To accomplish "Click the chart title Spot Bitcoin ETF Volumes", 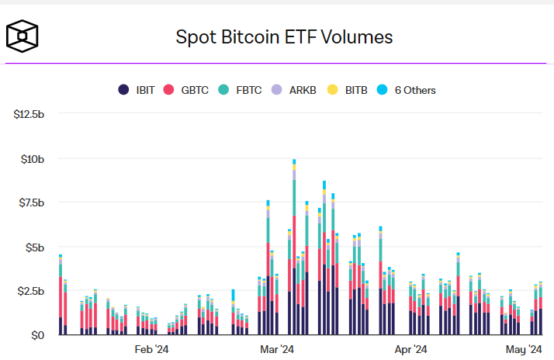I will [x=285, y=36].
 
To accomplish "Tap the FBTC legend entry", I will [x=243, y=90].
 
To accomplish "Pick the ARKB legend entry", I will [x=298, y=90].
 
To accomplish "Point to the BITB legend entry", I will [x=349, y=90].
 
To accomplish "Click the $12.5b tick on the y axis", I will [x=31, y=114].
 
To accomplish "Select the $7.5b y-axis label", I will [x=33, y=202].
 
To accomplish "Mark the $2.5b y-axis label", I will [x=33, y=291].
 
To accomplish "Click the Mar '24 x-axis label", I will [x=276, y=349].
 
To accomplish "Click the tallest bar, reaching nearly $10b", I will [x=294, y=248].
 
